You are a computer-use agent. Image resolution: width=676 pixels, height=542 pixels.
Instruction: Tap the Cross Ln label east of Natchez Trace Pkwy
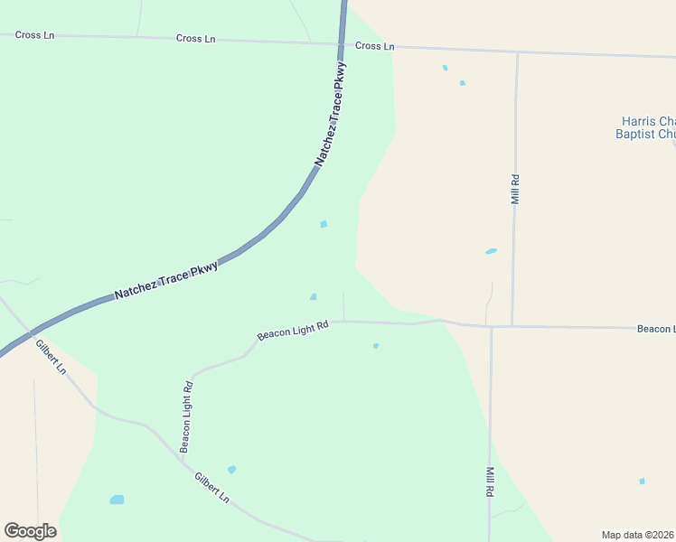[x=375, y=45]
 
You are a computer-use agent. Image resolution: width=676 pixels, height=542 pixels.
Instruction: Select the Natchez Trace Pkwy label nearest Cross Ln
[x=331, y=114]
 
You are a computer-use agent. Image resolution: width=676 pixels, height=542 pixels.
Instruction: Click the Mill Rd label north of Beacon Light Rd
[x=515, y=189]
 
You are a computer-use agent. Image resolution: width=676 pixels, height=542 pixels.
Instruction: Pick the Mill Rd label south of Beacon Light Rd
[x=490, y=481]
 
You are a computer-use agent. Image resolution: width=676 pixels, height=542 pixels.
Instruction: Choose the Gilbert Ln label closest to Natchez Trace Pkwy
[x=51, y=357]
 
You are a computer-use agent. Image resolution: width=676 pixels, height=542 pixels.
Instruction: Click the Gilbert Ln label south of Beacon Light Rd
[x=212, y=488]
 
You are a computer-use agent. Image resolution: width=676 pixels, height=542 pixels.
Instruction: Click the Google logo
[x=30, y=531]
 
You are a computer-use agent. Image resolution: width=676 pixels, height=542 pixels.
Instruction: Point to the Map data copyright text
[x=638, y=535]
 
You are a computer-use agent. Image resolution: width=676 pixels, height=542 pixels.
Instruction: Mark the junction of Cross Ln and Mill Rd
[x=517, y=51]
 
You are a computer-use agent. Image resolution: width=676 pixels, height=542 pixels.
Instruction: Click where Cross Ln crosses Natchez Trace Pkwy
[x=343, y=43]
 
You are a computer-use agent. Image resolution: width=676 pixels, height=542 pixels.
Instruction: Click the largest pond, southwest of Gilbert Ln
[x=117, y=500]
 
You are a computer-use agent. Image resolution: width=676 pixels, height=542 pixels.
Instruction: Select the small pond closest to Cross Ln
[x=445, y=68]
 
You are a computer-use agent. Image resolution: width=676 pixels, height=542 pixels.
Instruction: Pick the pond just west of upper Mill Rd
[x=491, y=251]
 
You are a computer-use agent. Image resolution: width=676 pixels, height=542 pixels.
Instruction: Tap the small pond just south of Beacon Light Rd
[x=375, y=345]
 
